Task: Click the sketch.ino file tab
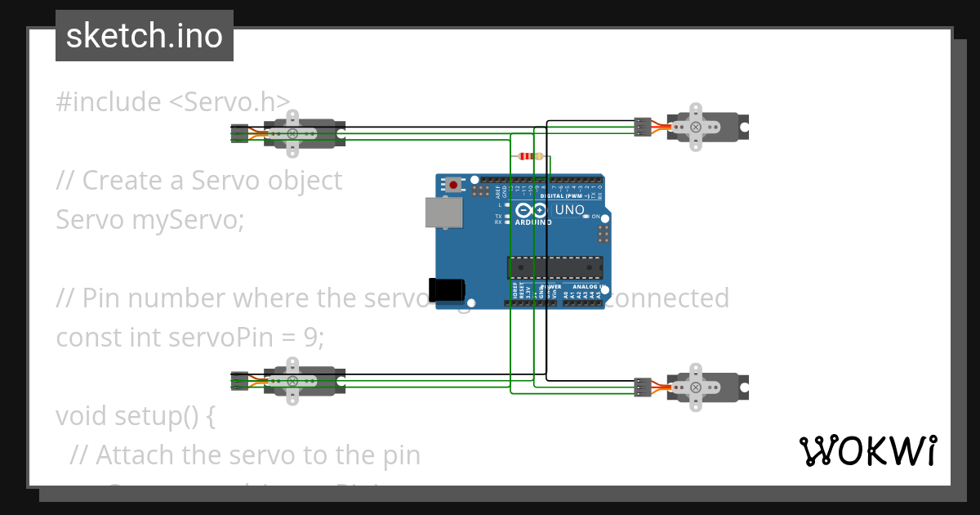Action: (145, 36)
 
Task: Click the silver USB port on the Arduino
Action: (443, 213)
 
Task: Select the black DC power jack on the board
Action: (448, 289)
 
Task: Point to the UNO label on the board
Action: (569, 210)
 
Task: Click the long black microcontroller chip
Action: (555, 267)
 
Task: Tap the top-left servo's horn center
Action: (292, 133)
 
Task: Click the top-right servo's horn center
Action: (695, 127)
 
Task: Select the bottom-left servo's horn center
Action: (292, 380)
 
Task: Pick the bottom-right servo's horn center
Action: (695, 387)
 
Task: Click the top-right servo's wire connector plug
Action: (643, 127)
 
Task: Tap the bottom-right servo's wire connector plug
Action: (643, 387)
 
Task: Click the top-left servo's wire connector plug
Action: (239, 133)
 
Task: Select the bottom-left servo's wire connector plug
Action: (239, 380)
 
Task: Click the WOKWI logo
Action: (867, 450)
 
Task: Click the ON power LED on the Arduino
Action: (586, 217)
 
